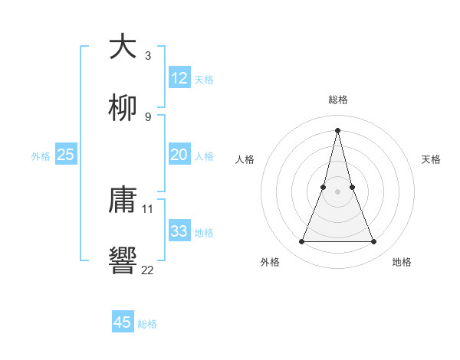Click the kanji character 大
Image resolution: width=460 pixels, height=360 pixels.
123,47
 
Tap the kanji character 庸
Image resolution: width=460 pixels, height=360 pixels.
123,201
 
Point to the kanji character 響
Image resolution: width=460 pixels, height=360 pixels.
123,261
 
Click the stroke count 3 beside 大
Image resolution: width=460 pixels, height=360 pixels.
148,56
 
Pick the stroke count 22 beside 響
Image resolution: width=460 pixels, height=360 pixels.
148,269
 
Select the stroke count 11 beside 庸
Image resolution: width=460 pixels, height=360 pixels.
148,208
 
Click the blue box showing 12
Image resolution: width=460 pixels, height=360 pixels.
179,78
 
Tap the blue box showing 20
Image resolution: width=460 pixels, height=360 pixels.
179,155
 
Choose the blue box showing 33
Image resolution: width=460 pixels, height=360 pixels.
179,231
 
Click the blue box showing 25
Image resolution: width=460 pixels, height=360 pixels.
66,155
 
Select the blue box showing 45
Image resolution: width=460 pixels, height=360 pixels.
123,322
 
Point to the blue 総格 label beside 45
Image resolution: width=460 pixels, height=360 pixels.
147,324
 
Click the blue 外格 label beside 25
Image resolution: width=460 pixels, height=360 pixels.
41,156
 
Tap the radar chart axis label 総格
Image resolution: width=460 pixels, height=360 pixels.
338,100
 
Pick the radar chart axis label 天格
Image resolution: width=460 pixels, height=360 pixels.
432,159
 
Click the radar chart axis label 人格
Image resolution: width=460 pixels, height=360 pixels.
245,159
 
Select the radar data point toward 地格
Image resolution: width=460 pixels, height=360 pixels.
374,242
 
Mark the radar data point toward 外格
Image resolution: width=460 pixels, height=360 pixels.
301,242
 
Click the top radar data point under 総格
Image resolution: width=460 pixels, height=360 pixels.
337,129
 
